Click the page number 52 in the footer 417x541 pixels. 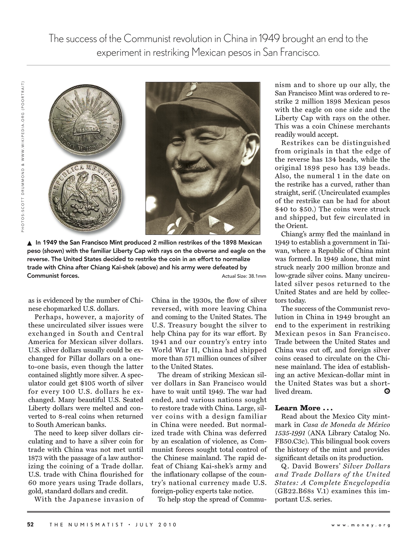click(x=30, y=525)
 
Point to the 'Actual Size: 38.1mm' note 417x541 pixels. click(x=244, y=276)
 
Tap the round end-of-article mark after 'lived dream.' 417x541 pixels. click(x=387, y=392)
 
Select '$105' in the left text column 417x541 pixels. click(x=88, y=383)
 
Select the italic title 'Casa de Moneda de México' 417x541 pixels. click(x=346, y=425)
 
